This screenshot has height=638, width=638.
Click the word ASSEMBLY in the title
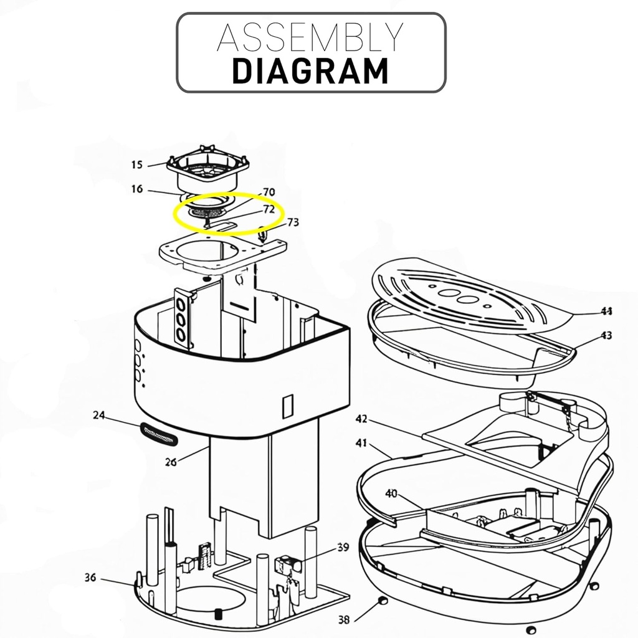tap(310, 38)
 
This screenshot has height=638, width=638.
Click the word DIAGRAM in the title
tap(310, 70)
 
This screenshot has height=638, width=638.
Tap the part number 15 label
tap(136, 165)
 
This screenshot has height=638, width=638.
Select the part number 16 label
tap(136, 189)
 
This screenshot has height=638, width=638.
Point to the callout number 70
tap(269, 192)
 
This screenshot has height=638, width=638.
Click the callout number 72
tap(269, 209)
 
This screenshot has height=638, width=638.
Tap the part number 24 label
tap(98, 415)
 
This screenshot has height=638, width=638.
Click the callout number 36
tap(90, 578)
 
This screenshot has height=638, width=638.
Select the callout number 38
tap(344, 619)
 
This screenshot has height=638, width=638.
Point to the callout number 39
tap(343, 548)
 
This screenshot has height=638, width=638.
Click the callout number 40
tap(391, 494)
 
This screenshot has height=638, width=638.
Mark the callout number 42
tap(362, 418)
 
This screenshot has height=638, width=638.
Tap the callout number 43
tap(606, 336)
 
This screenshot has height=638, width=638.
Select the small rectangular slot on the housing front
tap(287, 406)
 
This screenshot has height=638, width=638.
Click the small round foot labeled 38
tap(382, 601)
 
